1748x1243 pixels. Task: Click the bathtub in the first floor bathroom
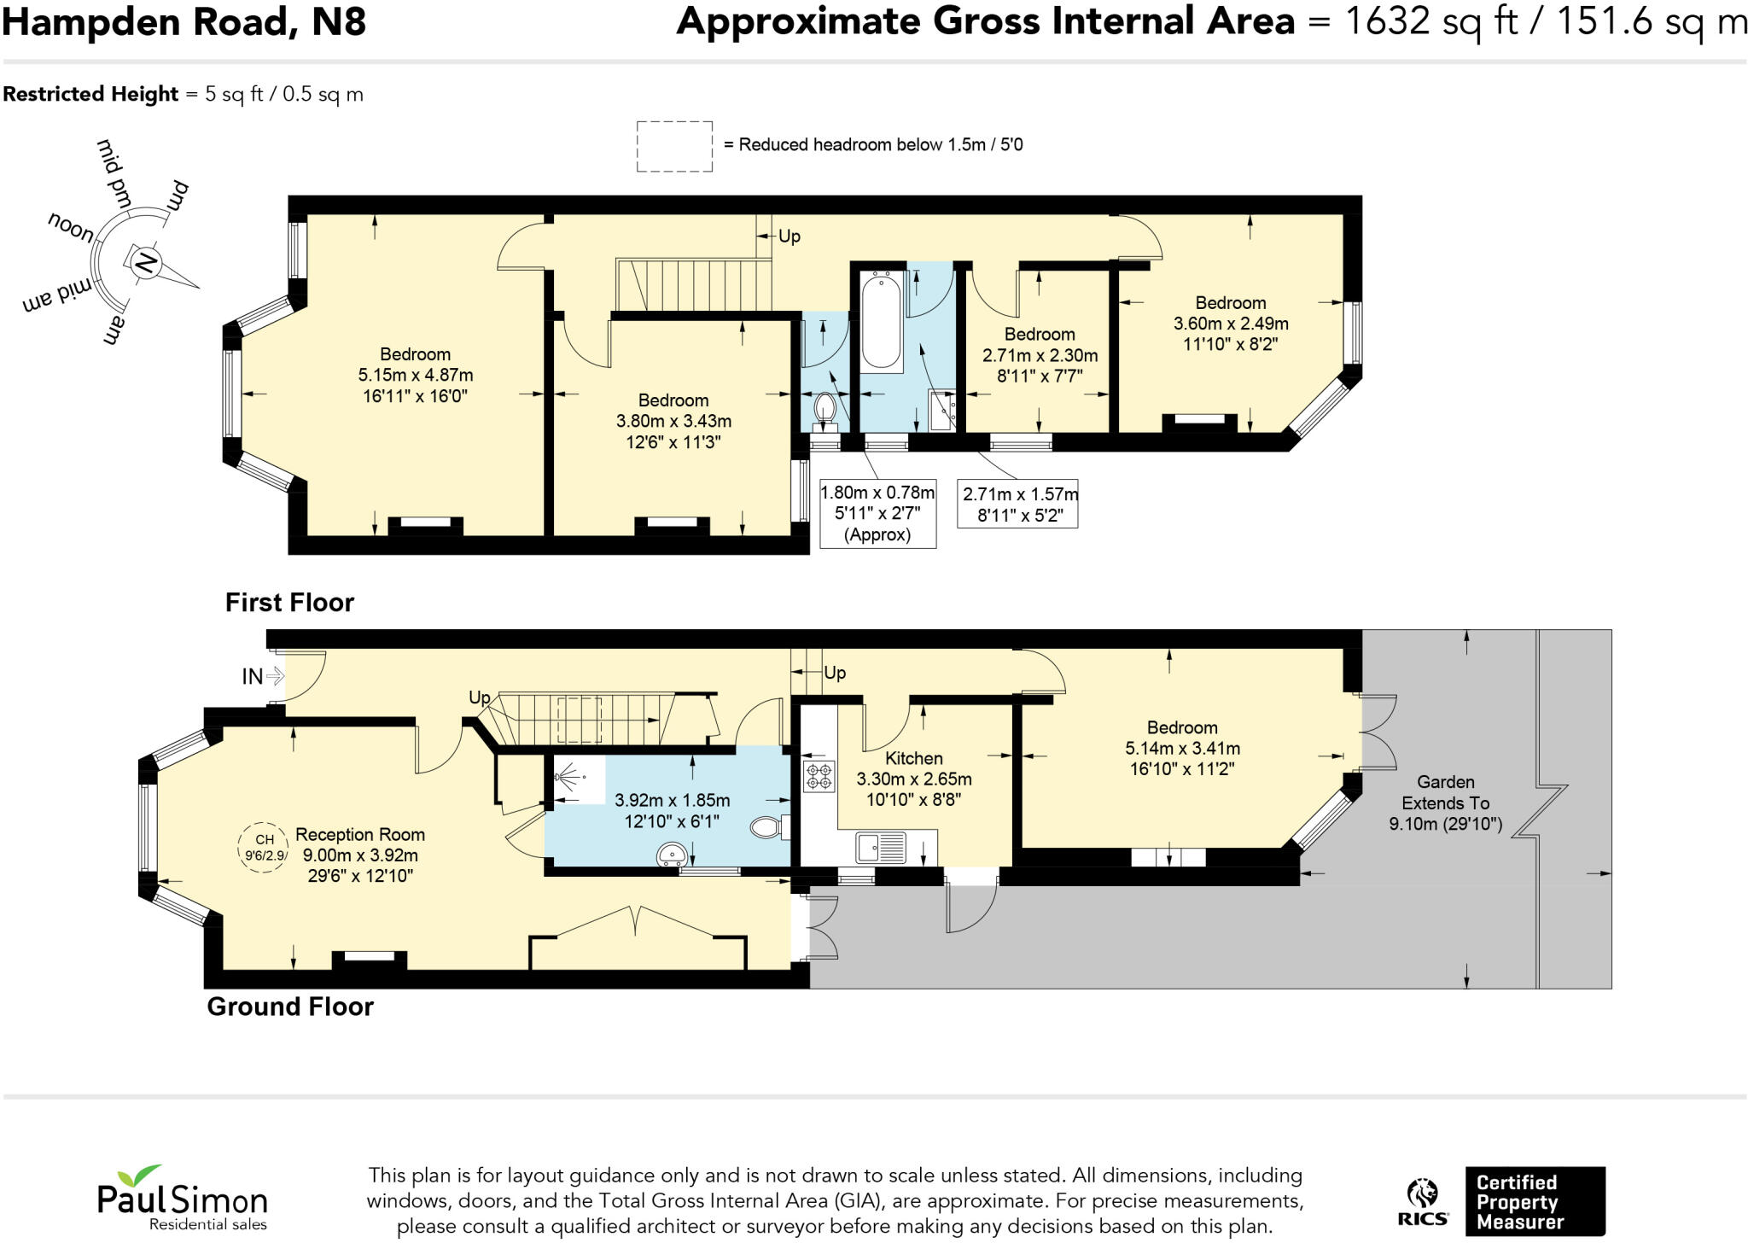pos(880,320)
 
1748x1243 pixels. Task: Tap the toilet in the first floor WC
pos(824,407)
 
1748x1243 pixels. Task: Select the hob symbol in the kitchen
pos(819,775)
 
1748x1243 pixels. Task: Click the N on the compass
pos(145,262)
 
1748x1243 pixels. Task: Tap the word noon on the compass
pos(71,226)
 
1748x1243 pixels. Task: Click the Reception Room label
pos(359,834)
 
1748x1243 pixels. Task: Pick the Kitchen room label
pos(913,758)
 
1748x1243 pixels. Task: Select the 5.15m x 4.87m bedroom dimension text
pos(416,375)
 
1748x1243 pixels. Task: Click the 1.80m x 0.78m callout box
pos(877,513)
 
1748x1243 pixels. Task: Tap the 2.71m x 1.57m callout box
pos(1019,505)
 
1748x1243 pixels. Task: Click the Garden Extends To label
pos(1445,792)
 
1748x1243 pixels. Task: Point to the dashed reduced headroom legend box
pos(674,146)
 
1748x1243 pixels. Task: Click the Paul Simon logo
pos(182,1198)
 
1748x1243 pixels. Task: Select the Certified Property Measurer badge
pos(1534,1201)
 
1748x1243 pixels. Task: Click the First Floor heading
pos(289,603)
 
